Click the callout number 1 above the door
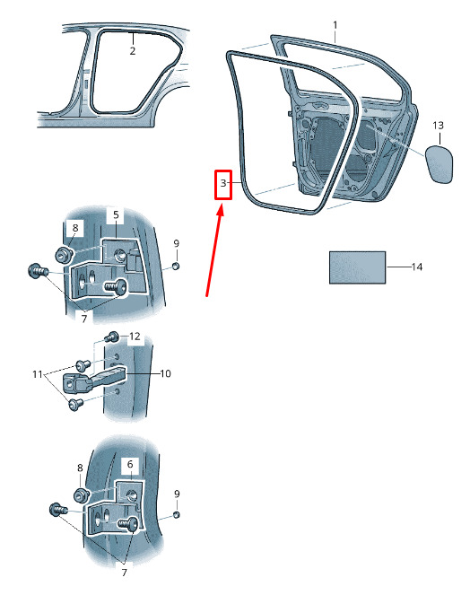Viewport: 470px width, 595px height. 335,25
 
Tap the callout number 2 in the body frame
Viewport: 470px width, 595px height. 133,51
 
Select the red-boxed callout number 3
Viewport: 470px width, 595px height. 223,183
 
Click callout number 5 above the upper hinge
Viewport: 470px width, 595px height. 116,214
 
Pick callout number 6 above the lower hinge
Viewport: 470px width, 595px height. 130,464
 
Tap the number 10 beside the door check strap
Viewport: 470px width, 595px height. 165,373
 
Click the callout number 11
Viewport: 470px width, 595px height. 37,374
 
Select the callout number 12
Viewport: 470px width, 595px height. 135,337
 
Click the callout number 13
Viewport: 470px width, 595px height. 438,126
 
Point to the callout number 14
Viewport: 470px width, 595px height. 417,267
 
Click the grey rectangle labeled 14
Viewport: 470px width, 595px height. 357,267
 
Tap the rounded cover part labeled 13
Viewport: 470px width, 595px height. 439,164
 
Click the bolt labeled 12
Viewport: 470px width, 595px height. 112,337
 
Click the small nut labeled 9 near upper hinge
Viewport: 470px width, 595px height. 175,266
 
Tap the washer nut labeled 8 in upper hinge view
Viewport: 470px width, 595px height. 64,253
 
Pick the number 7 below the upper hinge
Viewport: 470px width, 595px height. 83,318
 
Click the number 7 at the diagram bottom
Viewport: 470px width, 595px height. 124,573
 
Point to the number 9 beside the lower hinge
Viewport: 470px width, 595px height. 177,494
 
